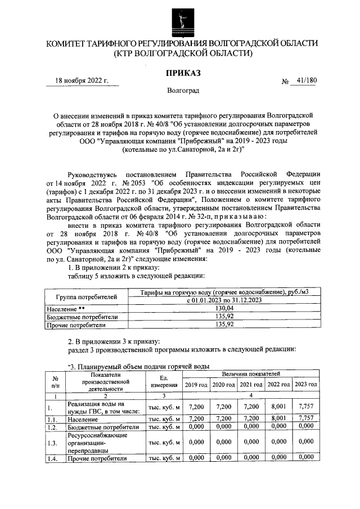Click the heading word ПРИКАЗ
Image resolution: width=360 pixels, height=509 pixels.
182,73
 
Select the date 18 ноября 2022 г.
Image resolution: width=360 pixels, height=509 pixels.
82,80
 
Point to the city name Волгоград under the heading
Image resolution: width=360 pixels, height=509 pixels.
182,90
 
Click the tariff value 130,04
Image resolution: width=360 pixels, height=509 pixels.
225,309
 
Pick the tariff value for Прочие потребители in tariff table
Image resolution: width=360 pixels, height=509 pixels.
225,325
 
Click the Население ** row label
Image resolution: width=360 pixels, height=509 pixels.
66,309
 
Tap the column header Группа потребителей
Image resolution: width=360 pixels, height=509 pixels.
87,296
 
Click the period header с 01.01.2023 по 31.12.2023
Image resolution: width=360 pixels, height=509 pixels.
225,301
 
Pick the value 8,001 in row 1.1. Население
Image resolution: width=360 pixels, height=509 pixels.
278,419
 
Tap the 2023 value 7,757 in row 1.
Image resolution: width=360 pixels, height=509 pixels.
305,407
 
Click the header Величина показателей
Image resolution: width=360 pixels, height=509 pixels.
250,373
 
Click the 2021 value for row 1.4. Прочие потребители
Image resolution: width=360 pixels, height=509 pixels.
250,458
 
